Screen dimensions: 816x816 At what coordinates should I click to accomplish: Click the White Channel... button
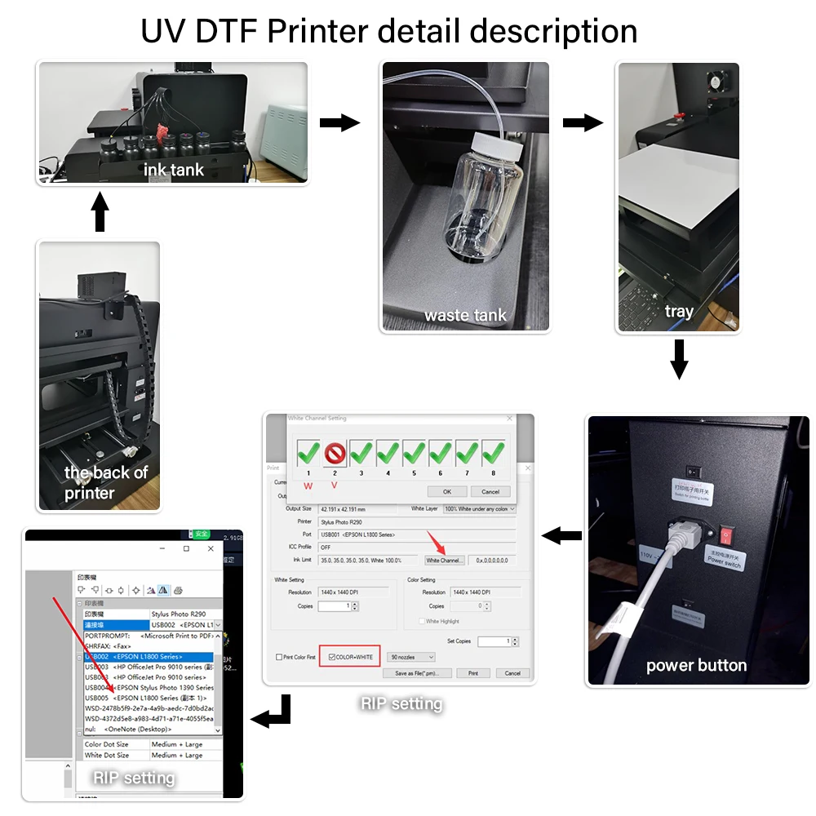pos(445,561)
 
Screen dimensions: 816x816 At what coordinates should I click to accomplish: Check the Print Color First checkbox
pos(279,657)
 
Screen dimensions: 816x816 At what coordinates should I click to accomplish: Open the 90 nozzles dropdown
pos(411,657)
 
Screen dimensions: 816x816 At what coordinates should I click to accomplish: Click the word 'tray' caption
pos(679,311)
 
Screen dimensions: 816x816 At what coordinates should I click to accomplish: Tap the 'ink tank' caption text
pos(174,170)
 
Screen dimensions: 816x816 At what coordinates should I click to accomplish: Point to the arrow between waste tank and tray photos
pos(583,123)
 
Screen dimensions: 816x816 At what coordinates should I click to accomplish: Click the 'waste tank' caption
pos(465,315)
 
